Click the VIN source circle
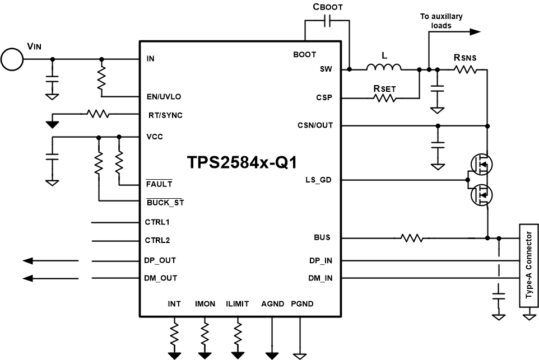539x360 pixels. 12,59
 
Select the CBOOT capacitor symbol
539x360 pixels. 327,21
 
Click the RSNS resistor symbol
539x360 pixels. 465,69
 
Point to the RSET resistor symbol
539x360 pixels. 384,98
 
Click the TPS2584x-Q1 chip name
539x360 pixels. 241,162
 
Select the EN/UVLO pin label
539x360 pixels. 163,97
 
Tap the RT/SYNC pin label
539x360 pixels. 165,115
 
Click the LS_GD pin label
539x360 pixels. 319,180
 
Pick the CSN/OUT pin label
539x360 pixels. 315,125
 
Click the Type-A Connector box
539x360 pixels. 527,266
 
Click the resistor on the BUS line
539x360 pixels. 412,238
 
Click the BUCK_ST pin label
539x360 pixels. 165,203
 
